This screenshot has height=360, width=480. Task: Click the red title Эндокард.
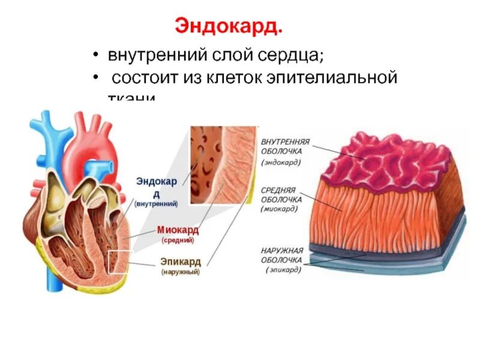pyautogui.click(x=229, y=26)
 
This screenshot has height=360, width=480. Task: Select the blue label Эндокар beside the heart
pyautogui.click(x=156, y=181)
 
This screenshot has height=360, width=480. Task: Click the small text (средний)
pyautogui.click(x=178, y=240)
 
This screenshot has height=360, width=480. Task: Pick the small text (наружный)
pyautogui.click(x=180, y=272)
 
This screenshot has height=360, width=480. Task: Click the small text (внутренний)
pyautogui.click(x=156, y=203)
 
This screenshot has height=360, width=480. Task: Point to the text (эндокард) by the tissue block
pyautogui.click(x=281, y=162)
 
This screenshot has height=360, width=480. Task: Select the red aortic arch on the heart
pyautogui.click(x=87, y=135)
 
